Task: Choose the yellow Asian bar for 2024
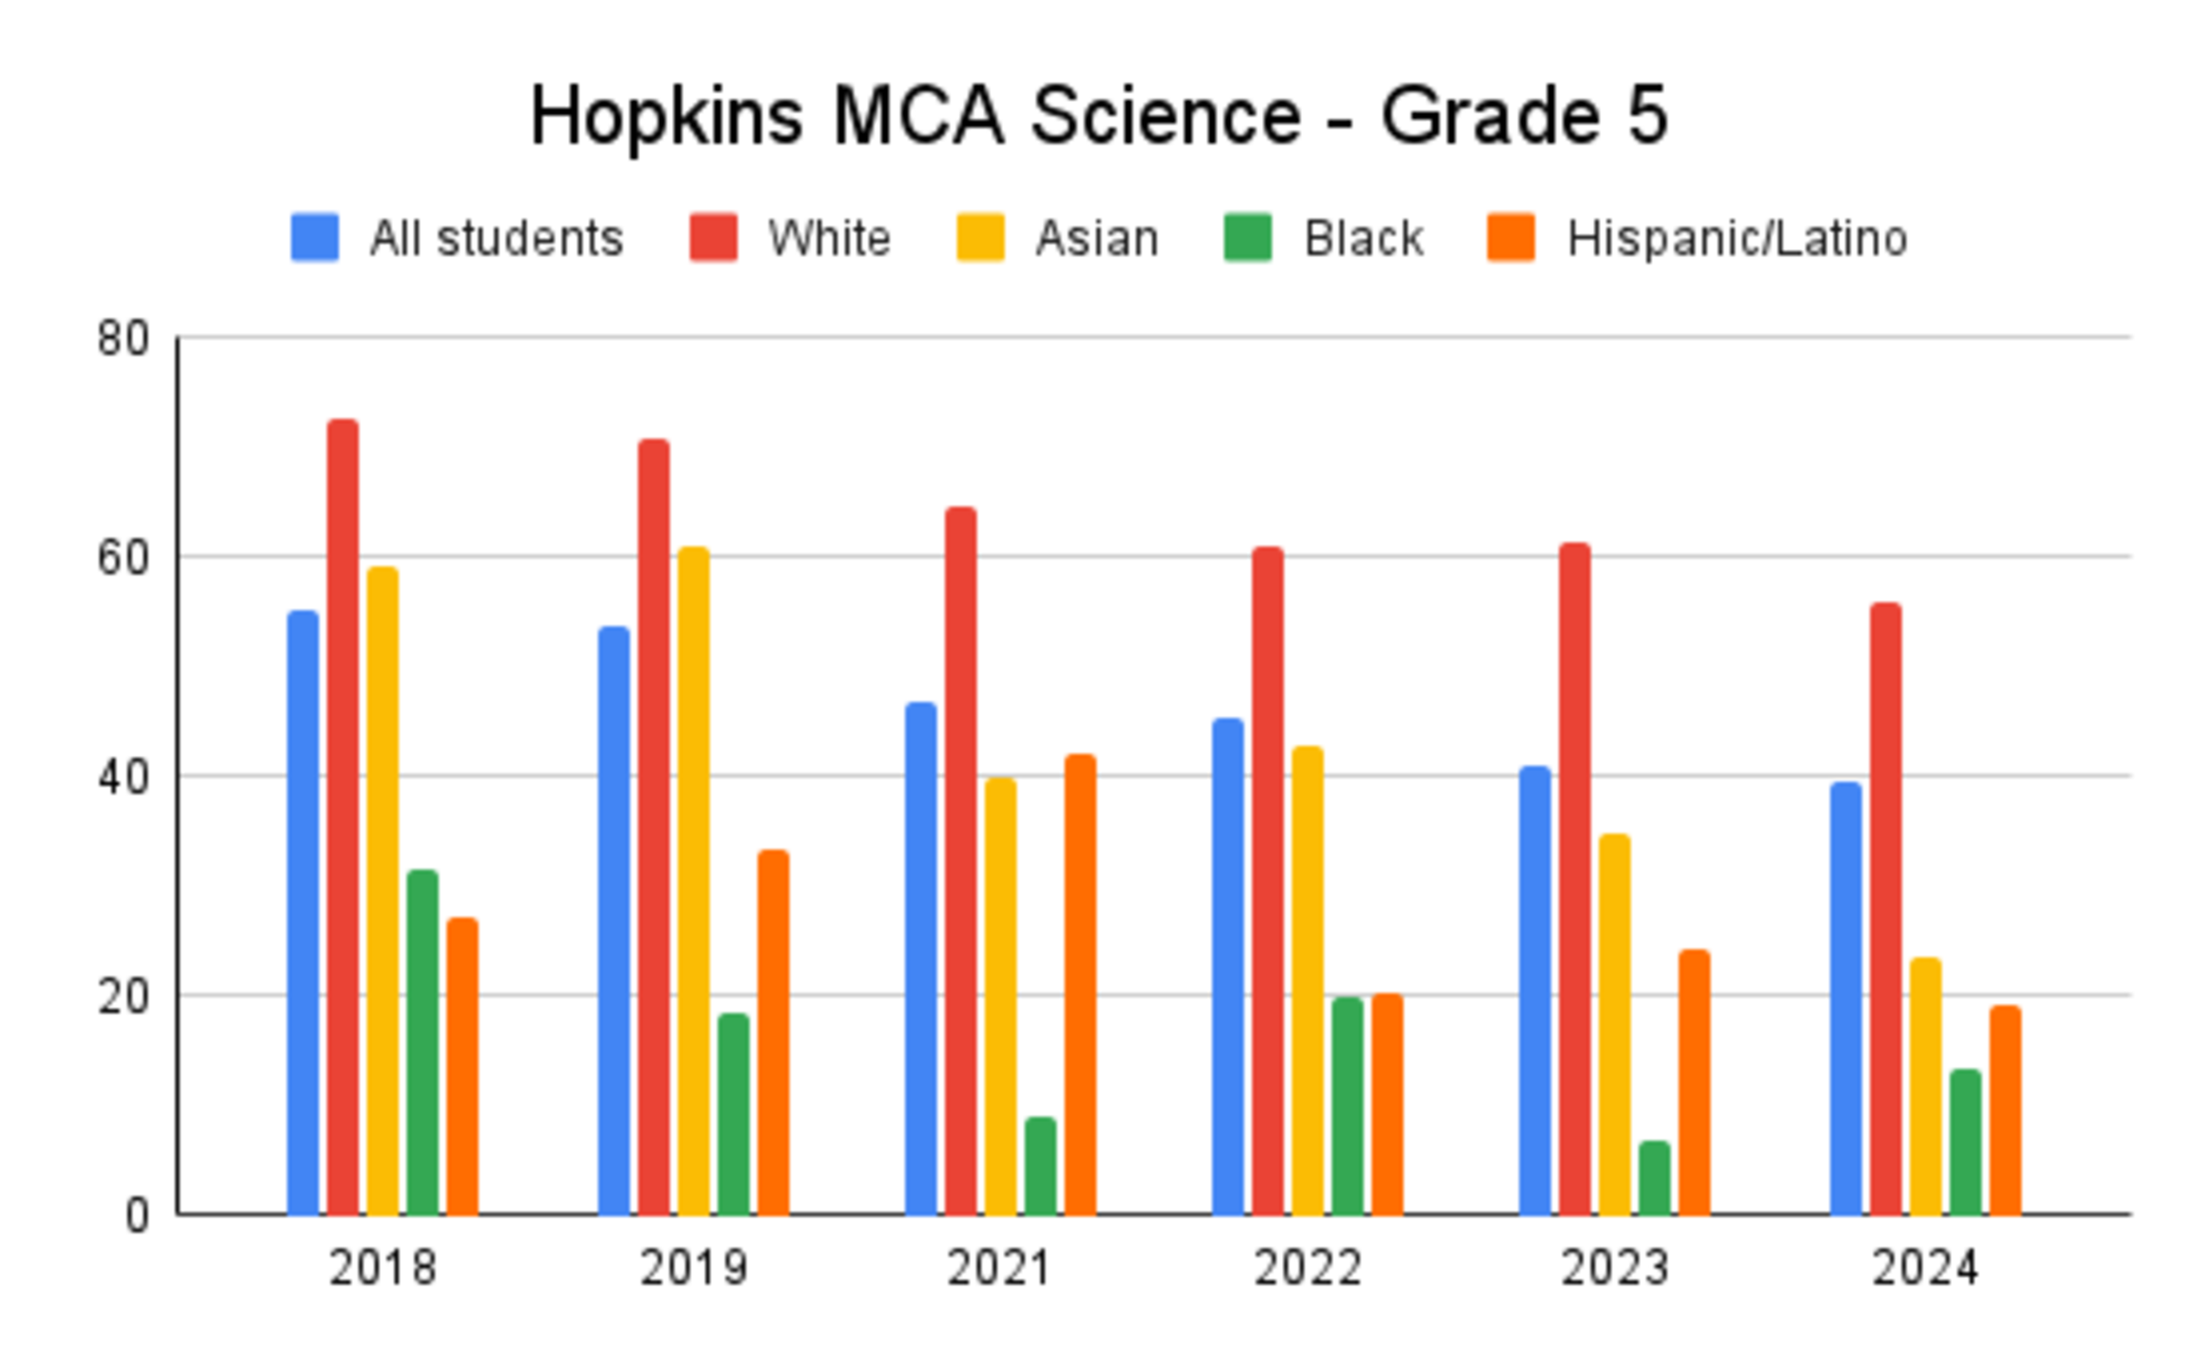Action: coord(1925,1086)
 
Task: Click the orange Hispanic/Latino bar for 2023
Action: coord(1694,1082)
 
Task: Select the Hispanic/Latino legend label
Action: coord(1736,238)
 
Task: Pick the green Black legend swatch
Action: coord(1247,237)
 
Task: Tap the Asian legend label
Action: coord(1096,238)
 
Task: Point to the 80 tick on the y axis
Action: coord(123,338)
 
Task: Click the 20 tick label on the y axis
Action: coord(123,997)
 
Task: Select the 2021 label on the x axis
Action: coord(999,1268)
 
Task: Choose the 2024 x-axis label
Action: coord(1924,1268)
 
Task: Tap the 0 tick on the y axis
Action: coord(136,1215)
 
